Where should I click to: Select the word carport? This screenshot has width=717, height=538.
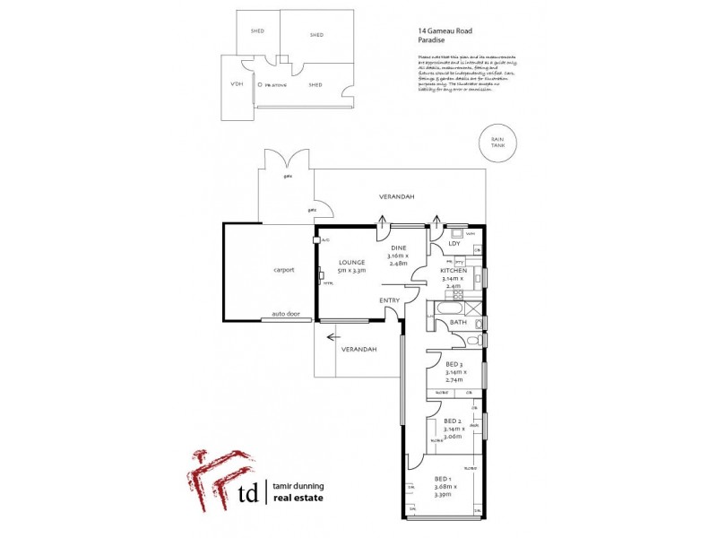(x=285, y=269)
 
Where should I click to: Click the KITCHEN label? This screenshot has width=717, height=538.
(x=454, y=270)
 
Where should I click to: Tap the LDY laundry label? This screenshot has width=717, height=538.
(x=454, y=243)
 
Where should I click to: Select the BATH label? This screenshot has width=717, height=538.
(x=458, y=323)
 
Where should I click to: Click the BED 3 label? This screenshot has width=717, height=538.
(x=454, y=365)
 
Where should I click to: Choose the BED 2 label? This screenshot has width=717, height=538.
(x=454, y=421)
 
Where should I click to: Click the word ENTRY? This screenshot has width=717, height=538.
(x=390, y=300)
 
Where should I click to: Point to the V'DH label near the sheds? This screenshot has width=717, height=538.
(x=237, y=83)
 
